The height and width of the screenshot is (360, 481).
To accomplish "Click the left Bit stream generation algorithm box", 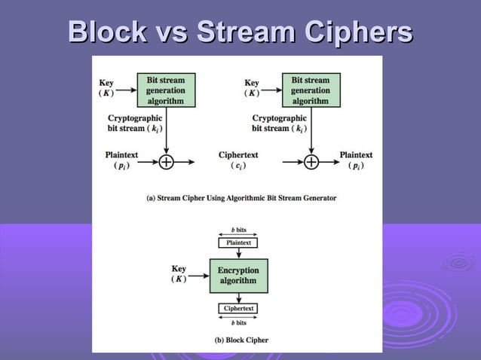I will pyautogui.click(x=165, y=90).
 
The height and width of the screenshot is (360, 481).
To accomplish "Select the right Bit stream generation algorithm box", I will pyautogui.click(x=310, y=90).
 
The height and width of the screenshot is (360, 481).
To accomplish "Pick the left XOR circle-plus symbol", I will pyautogui.click(x=165, y=161).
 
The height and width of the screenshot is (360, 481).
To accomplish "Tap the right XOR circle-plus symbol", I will pyautogui.click(x=310, y=161).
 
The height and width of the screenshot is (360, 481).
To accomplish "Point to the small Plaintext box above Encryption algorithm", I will pyautogui.click(x=237, y=243).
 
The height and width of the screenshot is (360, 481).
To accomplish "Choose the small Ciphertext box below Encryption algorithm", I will pyautogui.click(x=237, y=309).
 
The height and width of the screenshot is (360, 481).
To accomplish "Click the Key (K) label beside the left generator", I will pyautogui.click(x=107, y=88).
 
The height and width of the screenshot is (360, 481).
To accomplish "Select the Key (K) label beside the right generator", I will pyautogui.click(x=252, y=88).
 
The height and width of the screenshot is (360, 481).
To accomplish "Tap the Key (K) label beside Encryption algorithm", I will pyautogui.click(x=179, y=274).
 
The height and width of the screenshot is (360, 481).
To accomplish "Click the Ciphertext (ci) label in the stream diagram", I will pyautogui.click(x=238, y=160).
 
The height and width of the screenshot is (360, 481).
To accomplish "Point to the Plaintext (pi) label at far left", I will pyautogui.click(x=121, y=160).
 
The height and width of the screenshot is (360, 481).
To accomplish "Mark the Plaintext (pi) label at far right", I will pyautogui.click(x=356, y=160).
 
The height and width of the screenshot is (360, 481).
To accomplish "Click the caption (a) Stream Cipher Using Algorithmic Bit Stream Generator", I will pyautogui.click(x=240, y=198).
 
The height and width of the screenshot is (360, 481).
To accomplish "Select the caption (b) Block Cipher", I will pyautogui.click(x=241, y=340).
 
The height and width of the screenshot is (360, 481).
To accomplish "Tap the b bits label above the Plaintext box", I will pyautogui.click(x=237, y=229).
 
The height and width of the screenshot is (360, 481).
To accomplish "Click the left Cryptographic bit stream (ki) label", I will pyautogui.click(x=134, y=124).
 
